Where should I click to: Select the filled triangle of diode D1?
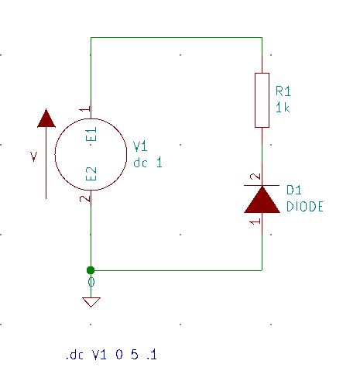[x=262, y=200]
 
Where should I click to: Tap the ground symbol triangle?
[x=91, y=302]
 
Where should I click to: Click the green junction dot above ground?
[x=91, y=270]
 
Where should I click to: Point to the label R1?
[x=283, y=91]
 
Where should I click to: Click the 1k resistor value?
[x=283, y=108]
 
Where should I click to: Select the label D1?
[x=294, y=190]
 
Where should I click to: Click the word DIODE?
[x=305, y=207]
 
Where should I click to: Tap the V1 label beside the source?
[x=140, y=146]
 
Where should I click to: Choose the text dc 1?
[x=148, y=163]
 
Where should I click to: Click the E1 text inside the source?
[x=91, y=134]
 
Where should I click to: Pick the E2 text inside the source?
[x=91, y=173]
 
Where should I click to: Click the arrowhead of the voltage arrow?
[x=46, y=118]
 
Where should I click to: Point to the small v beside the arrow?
[x=34, y=156]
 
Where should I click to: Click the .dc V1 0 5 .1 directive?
[x=111, y=355]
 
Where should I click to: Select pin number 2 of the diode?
[x=255, y=177]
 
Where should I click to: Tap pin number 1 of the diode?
[x=255, y=221]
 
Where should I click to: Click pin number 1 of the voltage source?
[x=84, y=109]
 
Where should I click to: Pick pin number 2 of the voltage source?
[x=84, y=198]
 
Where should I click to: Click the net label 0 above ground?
[x=91, y=282]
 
